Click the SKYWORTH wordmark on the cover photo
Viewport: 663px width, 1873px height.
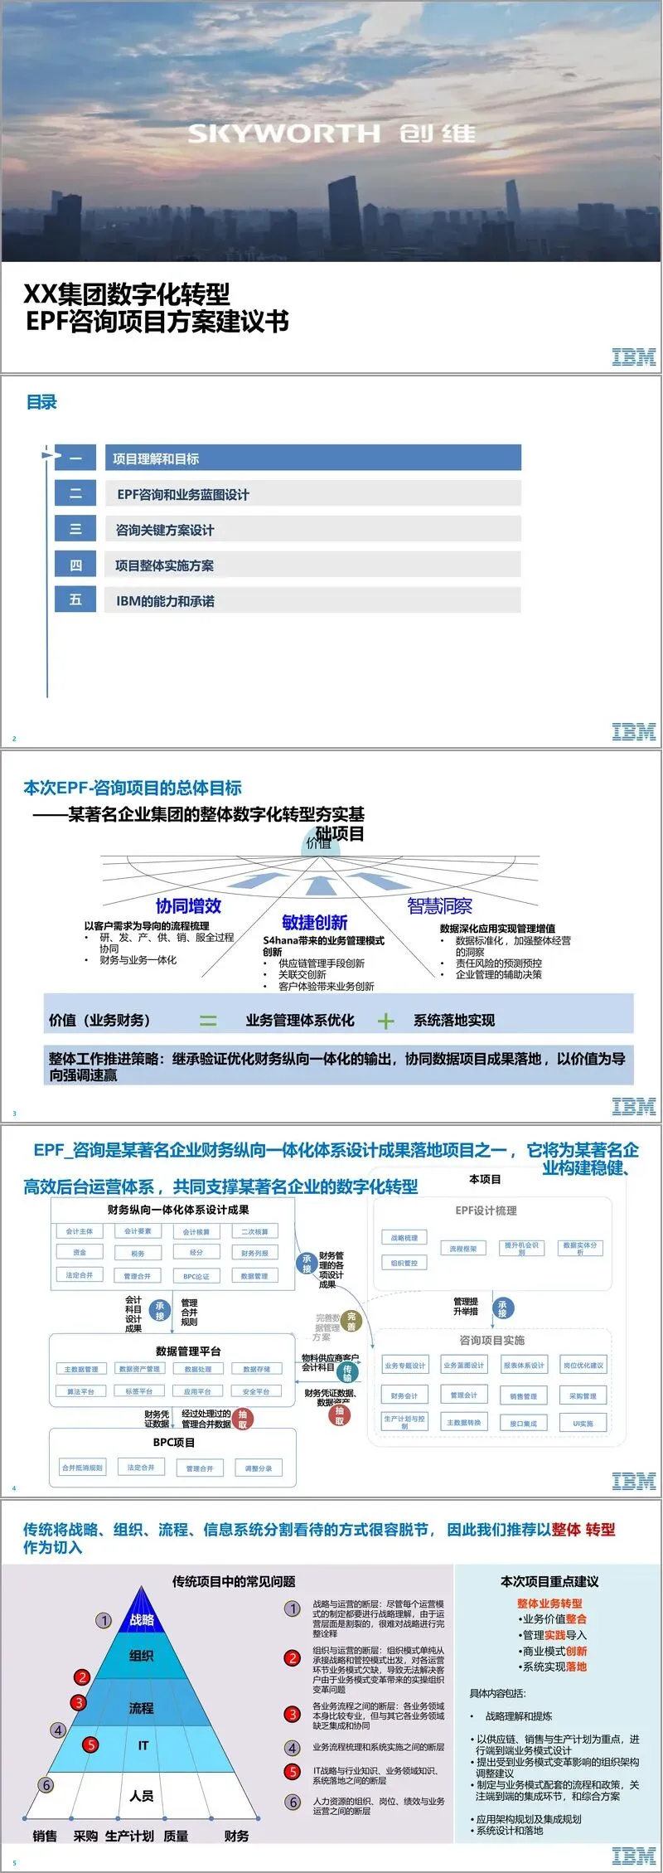pos(283,133)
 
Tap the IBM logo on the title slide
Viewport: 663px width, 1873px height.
pos(633,357)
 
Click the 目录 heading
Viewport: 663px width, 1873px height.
pos(41,403)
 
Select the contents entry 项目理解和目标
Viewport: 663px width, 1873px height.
pos(156,459)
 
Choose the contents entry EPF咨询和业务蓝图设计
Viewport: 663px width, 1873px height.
pos(183,494)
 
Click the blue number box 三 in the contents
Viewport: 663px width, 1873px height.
pos(75,529)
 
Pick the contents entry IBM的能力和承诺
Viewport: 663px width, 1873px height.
pos(166,601)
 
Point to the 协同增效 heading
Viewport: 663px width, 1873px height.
pos(188,905)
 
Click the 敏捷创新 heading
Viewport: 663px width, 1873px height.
pos(314,922)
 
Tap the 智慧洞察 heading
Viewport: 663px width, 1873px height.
pos(439,906)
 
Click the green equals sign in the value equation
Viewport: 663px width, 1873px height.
pos(208,1021)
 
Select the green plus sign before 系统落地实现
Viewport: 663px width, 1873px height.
pos(385,1021)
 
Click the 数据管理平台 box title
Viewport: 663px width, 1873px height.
pos(188,1351)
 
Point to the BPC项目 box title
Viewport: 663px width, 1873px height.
pos(174,1442)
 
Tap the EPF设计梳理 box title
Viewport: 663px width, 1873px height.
pos(486,1211)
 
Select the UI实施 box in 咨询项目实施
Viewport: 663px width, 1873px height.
pos(583,1423)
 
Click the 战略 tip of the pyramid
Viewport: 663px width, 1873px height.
pos(142,1619)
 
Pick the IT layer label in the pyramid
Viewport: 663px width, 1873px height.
pos(143,1745)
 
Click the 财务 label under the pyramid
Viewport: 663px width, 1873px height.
pos(236,1836)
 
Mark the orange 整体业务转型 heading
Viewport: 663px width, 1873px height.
pos(549,1604)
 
